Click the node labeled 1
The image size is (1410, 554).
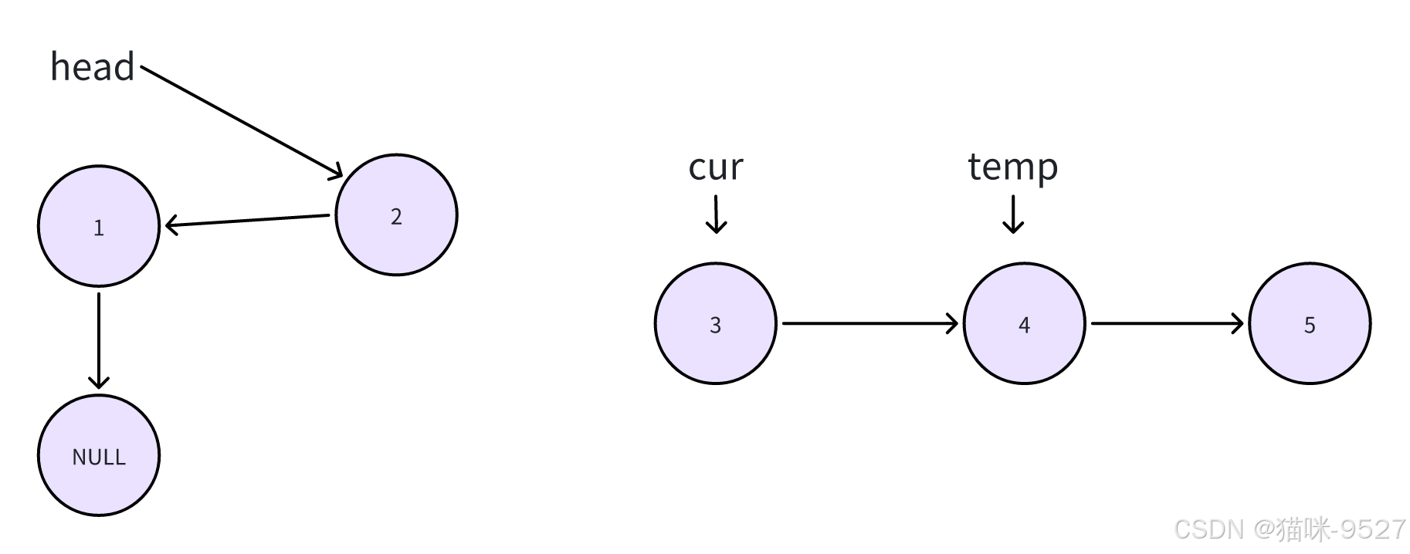[99, 226]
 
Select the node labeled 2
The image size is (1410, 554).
[396, 215]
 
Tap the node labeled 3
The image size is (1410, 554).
[715, 323]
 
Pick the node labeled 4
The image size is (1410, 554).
[1024, 323]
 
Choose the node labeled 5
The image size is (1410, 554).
[1310, 323]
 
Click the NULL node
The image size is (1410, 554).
[99, 455]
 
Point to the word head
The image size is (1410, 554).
[93, 67]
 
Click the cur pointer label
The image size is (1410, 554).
[715, 167]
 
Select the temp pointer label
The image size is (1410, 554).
[1012, 167]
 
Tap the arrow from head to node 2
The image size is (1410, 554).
[242, 122]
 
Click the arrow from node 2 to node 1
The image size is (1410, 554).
[247, 221]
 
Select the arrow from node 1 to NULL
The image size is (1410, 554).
[99, 339]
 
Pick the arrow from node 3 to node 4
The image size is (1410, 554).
[869, 323]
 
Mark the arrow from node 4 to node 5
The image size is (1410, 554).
[1166, 323]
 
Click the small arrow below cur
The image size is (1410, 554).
[716, 214]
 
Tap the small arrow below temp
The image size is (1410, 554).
[1012, 214]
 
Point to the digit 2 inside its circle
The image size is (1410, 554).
[396, 217]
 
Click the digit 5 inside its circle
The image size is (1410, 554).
[1310, 325]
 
